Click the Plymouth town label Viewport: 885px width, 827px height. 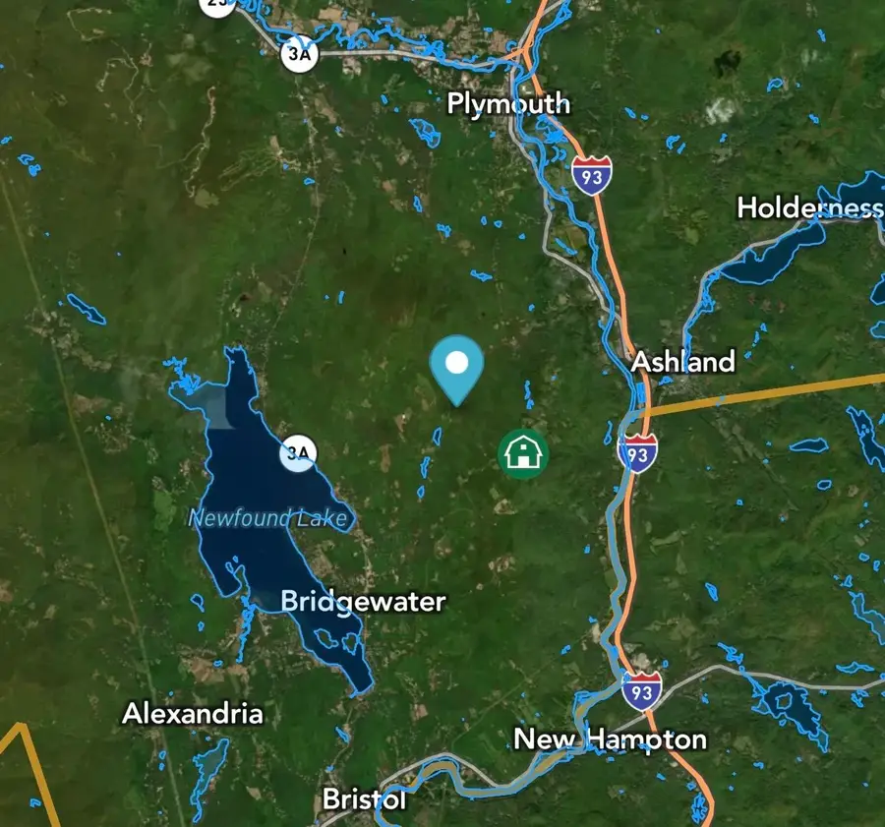[508, 103]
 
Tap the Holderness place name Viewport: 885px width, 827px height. [809, 207]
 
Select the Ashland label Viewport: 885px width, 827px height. [682, 362]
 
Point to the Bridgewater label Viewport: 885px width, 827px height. [363, 602]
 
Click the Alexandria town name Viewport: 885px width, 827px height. [193, 714]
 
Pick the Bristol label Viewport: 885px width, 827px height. [364, 799]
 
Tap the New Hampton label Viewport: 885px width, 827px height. [610, 739]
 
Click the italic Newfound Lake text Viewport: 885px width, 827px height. [267, 518]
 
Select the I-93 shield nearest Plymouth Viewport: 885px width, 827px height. [592, 174]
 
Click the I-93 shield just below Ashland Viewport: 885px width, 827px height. [638, 452]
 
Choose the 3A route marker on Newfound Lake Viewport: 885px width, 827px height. [298, 453]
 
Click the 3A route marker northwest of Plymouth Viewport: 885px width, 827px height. [299, 55]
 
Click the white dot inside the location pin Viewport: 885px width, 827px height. [456, 363]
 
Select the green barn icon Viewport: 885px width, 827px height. [522, 453]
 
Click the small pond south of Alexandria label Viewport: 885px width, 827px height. [210, 761]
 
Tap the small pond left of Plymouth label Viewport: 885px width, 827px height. [426, 132]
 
